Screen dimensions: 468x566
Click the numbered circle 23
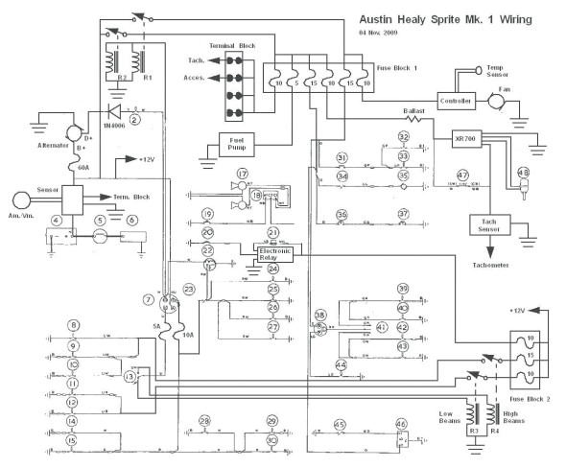189,288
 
